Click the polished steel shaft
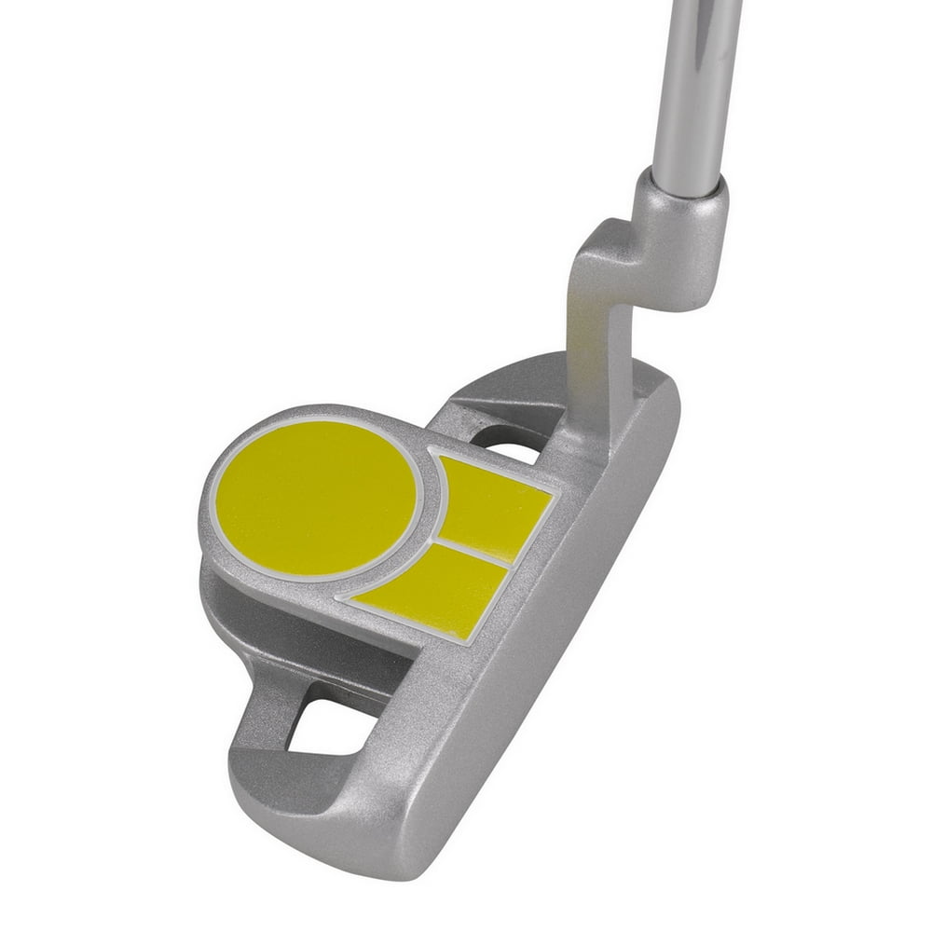[x=694, y=84]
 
